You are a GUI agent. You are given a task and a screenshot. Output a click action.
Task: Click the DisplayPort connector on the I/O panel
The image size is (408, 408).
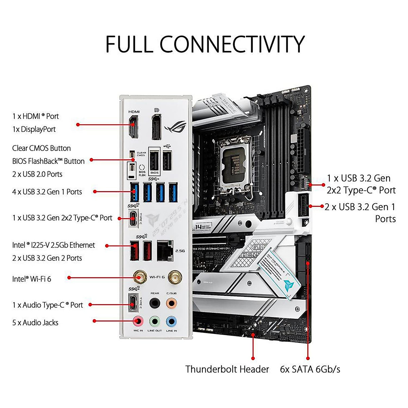pyautogui.click(x=156, y=127)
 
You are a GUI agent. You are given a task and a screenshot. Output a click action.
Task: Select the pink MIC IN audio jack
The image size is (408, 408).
pyautogui.click(x=138, y=321)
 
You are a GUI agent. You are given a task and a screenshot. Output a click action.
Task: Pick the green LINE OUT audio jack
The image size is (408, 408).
pyautogui.click(x=155, y=321)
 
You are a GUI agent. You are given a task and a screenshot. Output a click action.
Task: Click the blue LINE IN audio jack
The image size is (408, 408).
pyautogui.click(x=171, y=321)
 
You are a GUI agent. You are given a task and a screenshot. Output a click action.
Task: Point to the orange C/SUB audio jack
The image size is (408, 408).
pyautogui.click(x=171, y=302)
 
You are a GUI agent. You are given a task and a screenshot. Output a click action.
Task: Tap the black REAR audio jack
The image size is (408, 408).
pyautogui.click(x=155, y=302)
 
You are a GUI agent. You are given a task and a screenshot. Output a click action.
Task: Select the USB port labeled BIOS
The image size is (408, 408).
pyautogui.click(x=154, y=160)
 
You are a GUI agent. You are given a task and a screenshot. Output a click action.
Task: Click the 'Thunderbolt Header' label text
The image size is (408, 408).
pyautogui.click(x=227, y=369)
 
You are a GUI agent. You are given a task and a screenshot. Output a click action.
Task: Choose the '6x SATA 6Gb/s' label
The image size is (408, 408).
pyautogui.click(x=310, y=369)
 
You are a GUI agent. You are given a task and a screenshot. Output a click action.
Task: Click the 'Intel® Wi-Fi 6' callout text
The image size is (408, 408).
pyautogui.click(x=32, y=279)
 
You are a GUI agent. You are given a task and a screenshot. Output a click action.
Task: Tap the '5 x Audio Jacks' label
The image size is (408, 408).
pyautogui.click(x=35, y=323)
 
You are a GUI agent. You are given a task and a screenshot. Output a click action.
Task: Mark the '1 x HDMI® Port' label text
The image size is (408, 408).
pyautogui.click(x=35, y=116)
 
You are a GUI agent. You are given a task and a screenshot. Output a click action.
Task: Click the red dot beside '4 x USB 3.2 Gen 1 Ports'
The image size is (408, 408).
pyautogui.click(x=95, y=192)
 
